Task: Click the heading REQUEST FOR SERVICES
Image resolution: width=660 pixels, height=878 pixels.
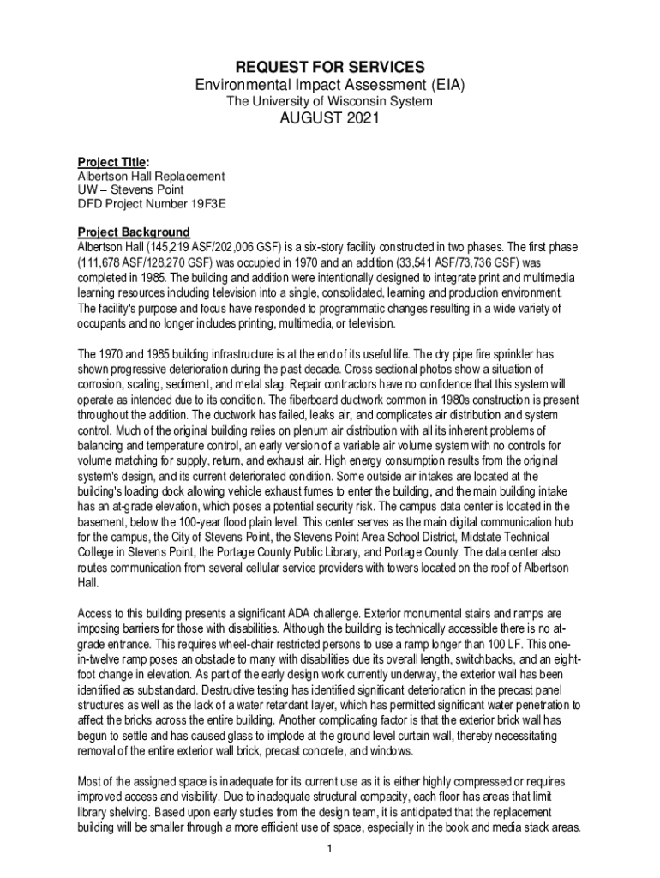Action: tap(329, 66)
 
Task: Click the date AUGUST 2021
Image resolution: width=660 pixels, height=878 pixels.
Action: tap(329, 119)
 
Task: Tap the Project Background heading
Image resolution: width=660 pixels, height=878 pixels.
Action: tap(134, 232)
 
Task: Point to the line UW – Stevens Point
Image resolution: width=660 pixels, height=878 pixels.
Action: tap(130, 189)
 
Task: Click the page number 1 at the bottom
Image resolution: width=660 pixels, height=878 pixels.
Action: tap(330, 849)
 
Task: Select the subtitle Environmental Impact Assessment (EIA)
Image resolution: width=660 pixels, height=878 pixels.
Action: tap(329, 85)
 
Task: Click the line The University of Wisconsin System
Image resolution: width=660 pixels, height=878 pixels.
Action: tap(329, 101)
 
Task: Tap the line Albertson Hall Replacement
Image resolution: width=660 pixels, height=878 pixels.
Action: tap(151, 176)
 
